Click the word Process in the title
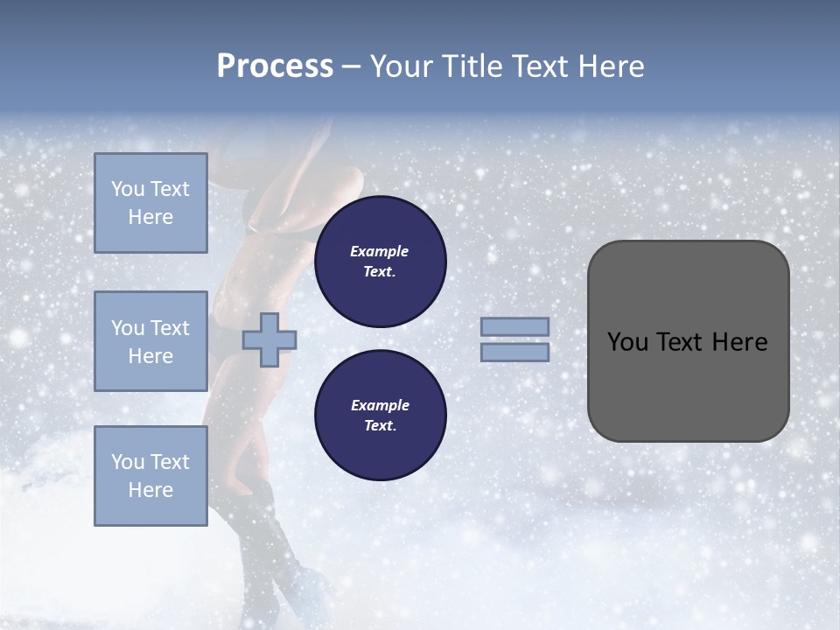tap(275, 66)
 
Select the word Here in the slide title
tap(609, 66)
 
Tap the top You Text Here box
tap(150, 203)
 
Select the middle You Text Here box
tap(150, 341)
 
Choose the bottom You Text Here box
tap(150, 476)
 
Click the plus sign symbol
tap(269, 339)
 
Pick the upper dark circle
tap(380, 262)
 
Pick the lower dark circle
tap(380, 416)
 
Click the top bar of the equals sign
tap(514, 326)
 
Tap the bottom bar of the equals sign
tap(514, 352)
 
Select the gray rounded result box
tap(688, 385)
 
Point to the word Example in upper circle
tap(380, 251)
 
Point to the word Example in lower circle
tap(380, 405)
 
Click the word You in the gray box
tap(627, 342)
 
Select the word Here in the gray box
tap(739, 342)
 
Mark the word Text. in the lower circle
tap(380, 426)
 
